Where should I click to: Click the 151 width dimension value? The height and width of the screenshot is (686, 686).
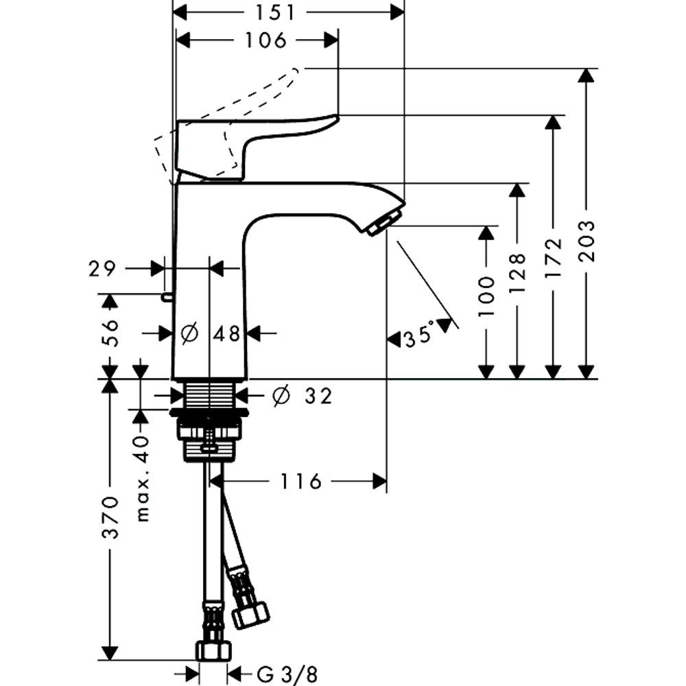pos(276,12)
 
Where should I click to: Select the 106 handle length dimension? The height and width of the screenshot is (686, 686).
pos(265,40)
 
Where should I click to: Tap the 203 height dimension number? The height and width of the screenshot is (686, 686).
pos(587,241)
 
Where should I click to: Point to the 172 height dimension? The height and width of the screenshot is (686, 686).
pos(554,258)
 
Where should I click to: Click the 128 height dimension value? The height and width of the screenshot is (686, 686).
pos(517,272)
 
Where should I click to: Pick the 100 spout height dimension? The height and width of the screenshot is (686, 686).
pos(486,296)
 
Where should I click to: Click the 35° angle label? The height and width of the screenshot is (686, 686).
pos(418,335)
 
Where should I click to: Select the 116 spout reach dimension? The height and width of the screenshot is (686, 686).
pos(300,482)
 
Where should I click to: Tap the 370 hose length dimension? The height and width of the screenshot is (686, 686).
pos(110,517)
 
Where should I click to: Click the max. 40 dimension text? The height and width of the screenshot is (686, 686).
pos(143,478)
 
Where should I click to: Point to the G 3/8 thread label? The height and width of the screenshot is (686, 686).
pos(287,674)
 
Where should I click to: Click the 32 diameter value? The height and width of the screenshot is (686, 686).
pos(318,397)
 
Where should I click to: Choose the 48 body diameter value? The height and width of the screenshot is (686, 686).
pos(227,334)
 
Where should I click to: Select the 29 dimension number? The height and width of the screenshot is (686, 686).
pos(102,269)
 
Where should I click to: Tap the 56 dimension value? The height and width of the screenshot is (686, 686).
pos(110,333)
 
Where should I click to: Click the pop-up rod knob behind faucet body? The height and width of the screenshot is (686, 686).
pos(167,297)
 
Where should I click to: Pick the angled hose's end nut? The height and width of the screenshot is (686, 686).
pos(250,615)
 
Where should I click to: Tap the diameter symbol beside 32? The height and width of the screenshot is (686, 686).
pos(281,396)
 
